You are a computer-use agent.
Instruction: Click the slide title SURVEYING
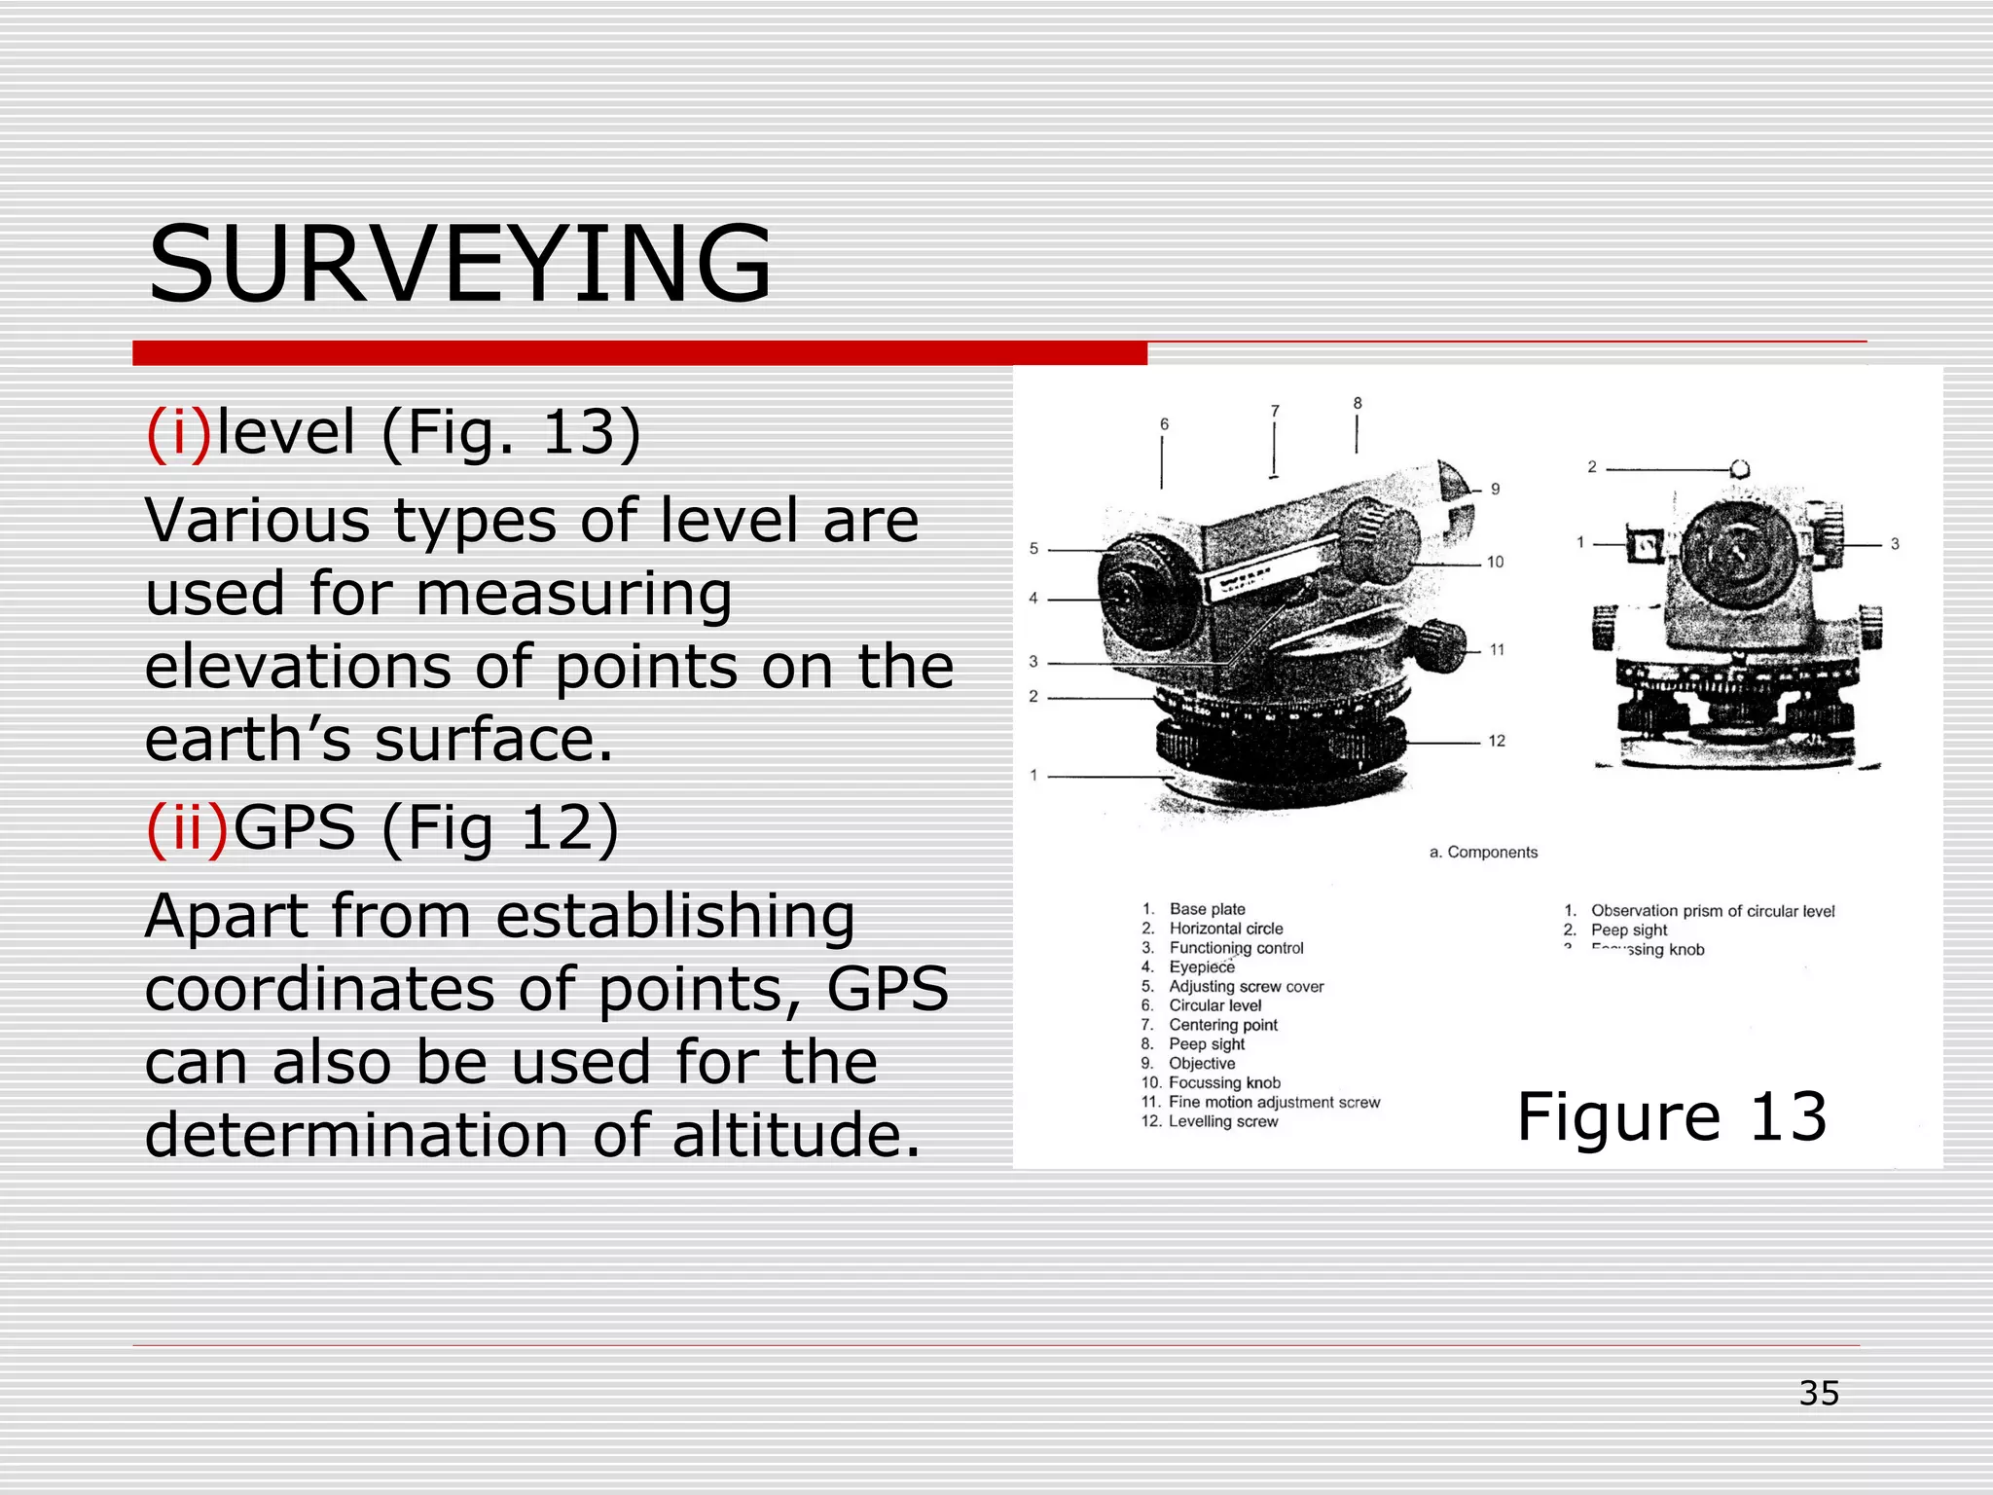coord(459,265)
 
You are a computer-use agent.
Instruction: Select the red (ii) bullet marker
coord(187,828)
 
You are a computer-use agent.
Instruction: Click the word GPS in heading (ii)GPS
coord(294,828)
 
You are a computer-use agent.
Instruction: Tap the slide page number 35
coord(1818,1393)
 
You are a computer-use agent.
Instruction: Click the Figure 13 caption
coord(1671,1116)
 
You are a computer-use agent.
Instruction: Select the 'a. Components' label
coord(1483,853)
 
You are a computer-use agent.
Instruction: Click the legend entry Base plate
coord(1207,909)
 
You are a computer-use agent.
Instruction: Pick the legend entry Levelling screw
coord(1222,1121)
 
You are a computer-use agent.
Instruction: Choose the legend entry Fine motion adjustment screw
coord(1274,1102)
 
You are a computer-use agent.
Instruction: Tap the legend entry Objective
coord(1202,1064)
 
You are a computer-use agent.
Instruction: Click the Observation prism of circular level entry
coord(1712,911)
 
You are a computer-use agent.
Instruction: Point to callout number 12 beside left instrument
coord(1497,742)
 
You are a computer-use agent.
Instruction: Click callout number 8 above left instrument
coord(1358,404)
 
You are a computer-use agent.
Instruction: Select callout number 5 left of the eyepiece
coord(1033,549)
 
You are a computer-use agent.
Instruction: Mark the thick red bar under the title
coord(639,353)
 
